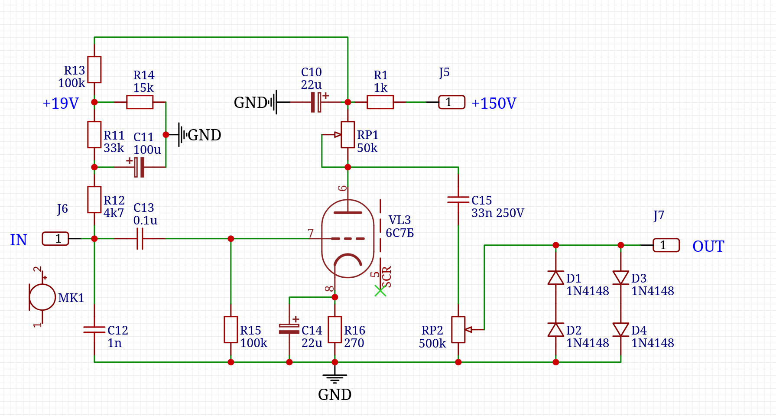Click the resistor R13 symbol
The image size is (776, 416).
[x=94, y=69]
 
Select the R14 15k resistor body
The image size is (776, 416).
[x=140, y=102]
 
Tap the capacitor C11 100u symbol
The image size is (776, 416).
[x=139, y=167]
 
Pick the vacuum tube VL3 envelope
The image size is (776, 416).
[x=347, y=238]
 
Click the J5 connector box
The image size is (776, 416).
[x=451, y=102]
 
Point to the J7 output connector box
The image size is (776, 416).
[x=666, y=245]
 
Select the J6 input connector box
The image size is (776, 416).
[x=55, y=239]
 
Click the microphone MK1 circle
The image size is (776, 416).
[x=42, y=297]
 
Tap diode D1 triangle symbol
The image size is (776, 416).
[x=556, y=278]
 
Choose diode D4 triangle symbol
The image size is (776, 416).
[x=621, y=329]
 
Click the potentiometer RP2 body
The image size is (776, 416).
[x=458, y=330]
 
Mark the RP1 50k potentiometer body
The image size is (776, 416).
[x=347, y=135]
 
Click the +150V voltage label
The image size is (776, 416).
[x=494, y=103]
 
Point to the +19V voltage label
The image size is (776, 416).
[x=61, y=103]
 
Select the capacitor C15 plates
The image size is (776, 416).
[x=458, y=199]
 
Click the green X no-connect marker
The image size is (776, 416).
[x=380, y=291]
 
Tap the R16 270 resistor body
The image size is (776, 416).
[x=335, y=330]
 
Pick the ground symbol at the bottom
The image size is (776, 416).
[x=334, y=378]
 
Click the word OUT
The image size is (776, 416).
[x=708, y=246]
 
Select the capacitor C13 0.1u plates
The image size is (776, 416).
[x=140, y=239]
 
